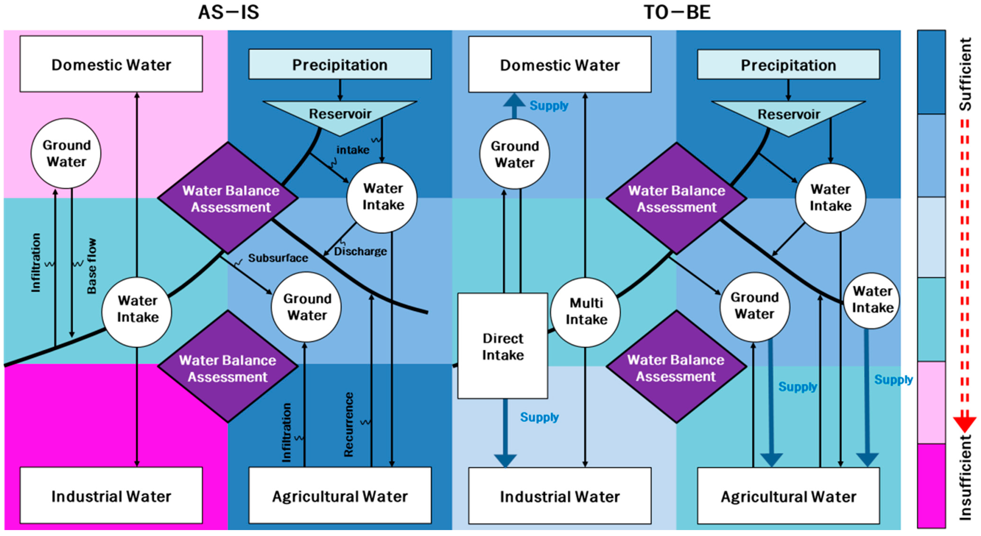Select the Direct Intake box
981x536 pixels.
click(503, 346)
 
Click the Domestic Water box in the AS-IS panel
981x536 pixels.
click(111, 64)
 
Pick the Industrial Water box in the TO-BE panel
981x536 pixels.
click(560, 496)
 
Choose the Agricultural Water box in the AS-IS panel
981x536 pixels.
click(340, 496)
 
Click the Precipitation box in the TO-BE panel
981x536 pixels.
click(788, 65)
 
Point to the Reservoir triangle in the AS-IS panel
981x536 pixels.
click(340, 114)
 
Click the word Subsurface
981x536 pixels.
click(278, 258)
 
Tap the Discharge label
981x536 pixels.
click(360, 251)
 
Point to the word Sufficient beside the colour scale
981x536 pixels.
click(965, 74)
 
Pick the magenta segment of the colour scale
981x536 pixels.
click(931, 485)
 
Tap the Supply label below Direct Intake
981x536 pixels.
click(539, 417)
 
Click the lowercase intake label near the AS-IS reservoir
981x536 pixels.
click(353, 150)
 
